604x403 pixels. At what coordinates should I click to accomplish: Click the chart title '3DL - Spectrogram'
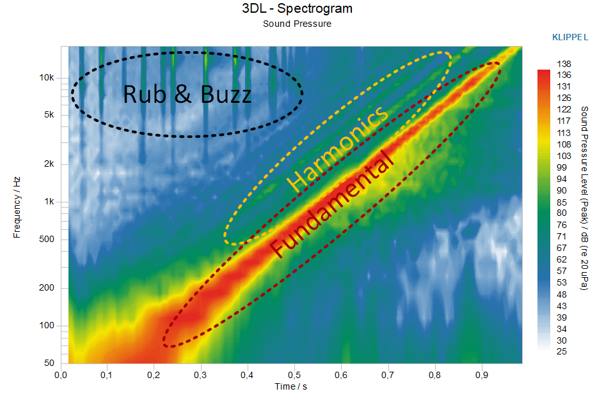click(297, 9)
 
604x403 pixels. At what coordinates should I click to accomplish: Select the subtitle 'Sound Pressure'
click(297, 24)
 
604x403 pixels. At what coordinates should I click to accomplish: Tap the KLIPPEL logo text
click(570, 37)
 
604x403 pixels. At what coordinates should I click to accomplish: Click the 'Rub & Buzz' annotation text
click(187, 95)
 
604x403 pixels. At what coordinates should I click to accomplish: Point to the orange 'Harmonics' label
click(337, 148)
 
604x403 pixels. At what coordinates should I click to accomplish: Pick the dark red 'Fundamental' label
click(331, 205)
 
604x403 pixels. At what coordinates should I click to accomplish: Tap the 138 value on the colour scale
click(564, 64)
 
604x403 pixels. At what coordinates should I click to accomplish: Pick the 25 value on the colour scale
click(562, 351)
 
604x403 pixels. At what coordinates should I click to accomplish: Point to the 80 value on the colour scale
click(562, 213)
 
